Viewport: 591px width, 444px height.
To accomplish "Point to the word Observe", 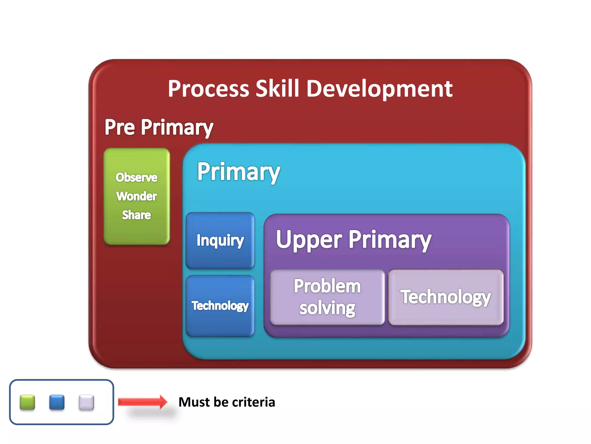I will click(x=136, y=177).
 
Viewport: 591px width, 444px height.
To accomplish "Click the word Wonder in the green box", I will click(x=136, y=196).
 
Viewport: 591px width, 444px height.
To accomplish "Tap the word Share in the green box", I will click(x=136, y=215).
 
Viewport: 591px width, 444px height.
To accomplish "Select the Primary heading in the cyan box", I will click(x=238, y=172).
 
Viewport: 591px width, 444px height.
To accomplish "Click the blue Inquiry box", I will click(x=220, y=240).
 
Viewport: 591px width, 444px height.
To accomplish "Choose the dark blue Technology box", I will click(x=220, y=306).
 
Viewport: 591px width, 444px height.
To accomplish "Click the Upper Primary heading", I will click(x=354, y=239).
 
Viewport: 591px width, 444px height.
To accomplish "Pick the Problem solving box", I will click(x=328, y=297).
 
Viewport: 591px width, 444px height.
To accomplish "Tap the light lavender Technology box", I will click(x=446, y=297).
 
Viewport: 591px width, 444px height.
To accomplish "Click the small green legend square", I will click(x=27, y=402).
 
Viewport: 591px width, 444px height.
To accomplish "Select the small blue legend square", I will click(x=57, y=402).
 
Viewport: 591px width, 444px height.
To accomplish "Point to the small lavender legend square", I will click(x=86, y=402).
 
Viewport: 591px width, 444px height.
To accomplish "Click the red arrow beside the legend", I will click(x=143, y=402).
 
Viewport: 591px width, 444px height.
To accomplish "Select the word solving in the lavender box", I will click(x=328, y=308).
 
